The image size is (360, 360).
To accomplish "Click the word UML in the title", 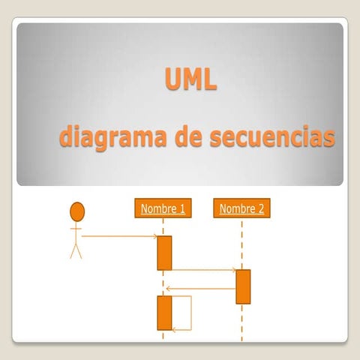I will [190, 78].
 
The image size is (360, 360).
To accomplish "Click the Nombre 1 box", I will [163, 208].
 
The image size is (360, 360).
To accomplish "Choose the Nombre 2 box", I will [241, 208].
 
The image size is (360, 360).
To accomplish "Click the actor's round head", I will [77, 211].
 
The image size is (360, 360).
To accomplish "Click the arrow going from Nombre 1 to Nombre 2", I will [203, 269].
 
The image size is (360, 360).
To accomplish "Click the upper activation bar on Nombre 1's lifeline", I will [164, 253].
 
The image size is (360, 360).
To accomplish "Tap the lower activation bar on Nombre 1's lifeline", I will [164, 313].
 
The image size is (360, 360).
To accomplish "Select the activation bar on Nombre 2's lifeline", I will [243, 286].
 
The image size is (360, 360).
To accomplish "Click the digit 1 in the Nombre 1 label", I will [181, 208].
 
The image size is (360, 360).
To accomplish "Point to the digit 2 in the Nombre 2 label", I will [260, 208].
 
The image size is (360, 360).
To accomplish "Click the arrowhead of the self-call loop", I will [175, 328].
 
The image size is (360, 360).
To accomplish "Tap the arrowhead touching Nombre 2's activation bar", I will [233, 269].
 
